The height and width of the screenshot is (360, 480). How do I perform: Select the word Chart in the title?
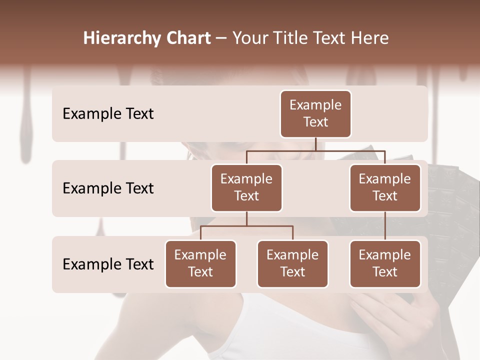click(188, 38)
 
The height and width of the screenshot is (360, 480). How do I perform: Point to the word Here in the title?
click(371, 38)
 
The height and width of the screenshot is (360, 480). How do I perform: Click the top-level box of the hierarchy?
click(315, 113)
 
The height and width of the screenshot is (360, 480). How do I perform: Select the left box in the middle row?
click(246, 187)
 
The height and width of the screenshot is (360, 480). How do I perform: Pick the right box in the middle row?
click(385, 187)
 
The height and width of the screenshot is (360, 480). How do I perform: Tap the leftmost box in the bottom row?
click(200, 263)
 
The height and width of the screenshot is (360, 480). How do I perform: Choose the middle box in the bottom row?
click(292, 263)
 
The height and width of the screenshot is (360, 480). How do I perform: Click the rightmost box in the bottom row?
click(385, 263)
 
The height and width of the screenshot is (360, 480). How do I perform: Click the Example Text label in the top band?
click(108, 113)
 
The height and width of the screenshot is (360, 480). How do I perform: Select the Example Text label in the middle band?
click(108, 188)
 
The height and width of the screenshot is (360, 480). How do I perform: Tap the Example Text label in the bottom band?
click(108, 264)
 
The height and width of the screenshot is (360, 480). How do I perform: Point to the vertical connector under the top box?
click(315, 144)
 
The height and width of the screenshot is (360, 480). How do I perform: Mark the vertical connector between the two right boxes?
click(385, 226)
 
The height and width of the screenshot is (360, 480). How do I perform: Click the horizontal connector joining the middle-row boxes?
click(315, 150)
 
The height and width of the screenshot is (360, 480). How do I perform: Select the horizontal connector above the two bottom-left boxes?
click(246, 226)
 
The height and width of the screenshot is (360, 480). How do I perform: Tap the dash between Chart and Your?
click(221, 38)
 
